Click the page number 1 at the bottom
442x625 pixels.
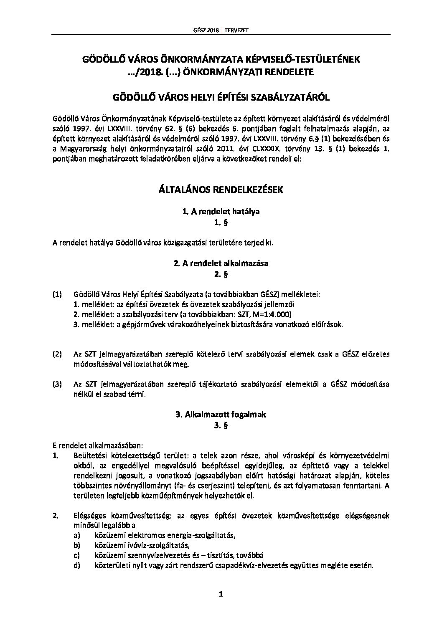(221, 595)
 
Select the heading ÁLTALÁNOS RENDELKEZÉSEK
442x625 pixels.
(221, 190)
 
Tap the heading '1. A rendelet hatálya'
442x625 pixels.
(221, 211)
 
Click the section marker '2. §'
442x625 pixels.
(221, 274)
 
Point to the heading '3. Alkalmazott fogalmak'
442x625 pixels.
(221, 415)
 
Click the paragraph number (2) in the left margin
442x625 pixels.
(57, 354)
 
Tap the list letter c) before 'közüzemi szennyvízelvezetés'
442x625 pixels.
(76, 556)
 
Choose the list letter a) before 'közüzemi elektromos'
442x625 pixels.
(76, 536)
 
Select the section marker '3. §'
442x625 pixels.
(221, 426)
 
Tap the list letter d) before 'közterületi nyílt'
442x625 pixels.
(76, 566)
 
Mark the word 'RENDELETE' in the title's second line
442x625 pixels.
(291, 72)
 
